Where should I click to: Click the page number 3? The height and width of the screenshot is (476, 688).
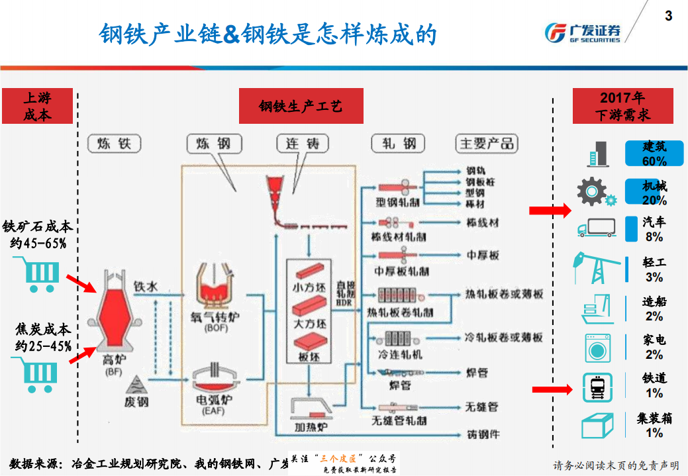(x=668, y=15)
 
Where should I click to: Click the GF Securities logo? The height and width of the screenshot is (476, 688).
(x=582, y=32)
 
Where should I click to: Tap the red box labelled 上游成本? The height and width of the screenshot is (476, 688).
(x=37, y=107)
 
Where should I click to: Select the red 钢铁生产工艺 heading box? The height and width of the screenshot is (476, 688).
(x=301, y=107)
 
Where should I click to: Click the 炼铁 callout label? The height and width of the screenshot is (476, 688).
(x=114, y=144)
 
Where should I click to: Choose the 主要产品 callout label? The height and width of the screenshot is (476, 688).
(x=487, y=144)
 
